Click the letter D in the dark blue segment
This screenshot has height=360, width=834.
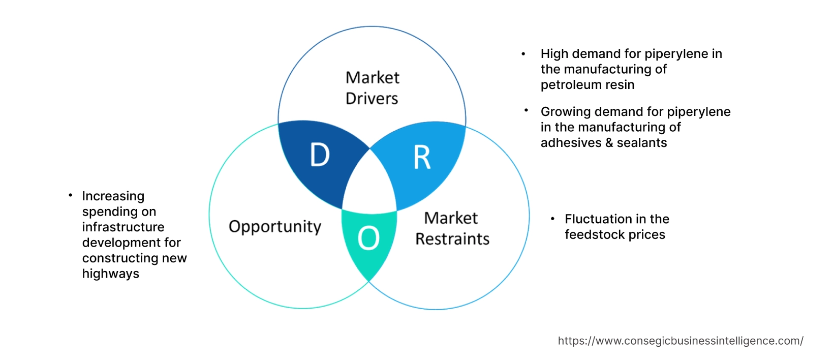pyautogui.click(x=320, y=155)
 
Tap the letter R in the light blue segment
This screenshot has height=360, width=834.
pyautogui.click(x=422, y=158)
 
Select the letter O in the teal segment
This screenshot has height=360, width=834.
pyautogui.click(x=368, y=238)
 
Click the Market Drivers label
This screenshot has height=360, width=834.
pyautogui.click(x=372, y=88)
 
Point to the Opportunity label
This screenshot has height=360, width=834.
pyautogui.click(x=275, y=226)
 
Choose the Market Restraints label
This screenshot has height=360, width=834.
pyautogui.click(x=452, y=228)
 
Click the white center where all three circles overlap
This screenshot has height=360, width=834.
pyautogui.click(x=370, y=183)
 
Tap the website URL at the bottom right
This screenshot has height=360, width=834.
pyautogui.click(x=680, y=341)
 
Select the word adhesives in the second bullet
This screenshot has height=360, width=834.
pyautogui.click(x=571, y=143)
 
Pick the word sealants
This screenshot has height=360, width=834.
pyautogui.click(x=641, y=143)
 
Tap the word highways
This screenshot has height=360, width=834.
pyautogui.click(x=110, y=274)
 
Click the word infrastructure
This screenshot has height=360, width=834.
pyautogui.click(x=123, y=227)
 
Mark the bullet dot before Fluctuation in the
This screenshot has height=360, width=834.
pyautogui.click(x=552, y=219)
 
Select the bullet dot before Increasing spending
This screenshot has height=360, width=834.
pyautogui.click(x=70, y=195)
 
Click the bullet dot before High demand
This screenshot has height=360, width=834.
pyautogui.click(x=523, y=53)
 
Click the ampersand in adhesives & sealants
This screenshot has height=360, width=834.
pyautogui.click(x=609, y=143)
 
